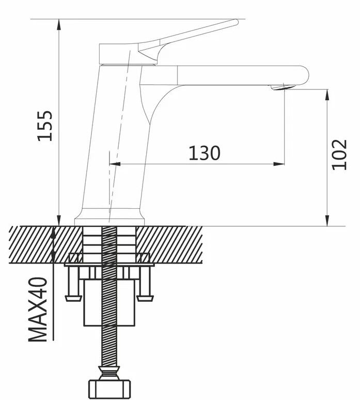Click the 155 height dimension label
click(x=45, y=126)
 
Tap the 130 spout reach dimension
click(x=204, y=153)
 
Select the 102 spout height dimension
click(x=339, y=155)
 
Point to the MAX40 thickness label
click(x=38, y=310)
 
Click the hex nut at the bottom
click(x=109, y=389)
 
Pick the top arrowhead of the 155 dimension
click(x=59, y=24)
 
